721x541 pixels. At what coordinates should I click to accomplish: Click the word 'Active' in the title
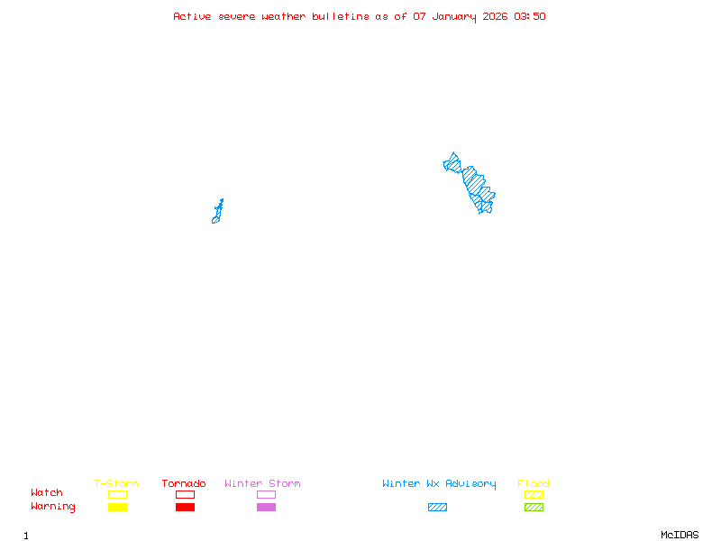pyautogui.click(x=192, y=16)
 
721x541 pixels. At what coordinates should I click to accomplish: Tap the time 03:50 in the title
pyautogui.click(x=530, y=16)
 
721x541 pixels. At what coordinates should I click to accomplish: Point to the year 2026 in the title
pyautogui.click(x=496, y=16)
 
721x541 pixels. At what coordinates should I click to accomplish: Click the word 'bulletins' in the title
pyautogui.click(x=341, y=16)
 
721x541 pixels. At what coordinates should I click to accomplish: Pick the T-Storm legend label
pyautogui.click(x=116, y=484)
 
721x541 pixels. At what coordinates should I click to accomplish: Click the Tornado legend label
pyautogui.click(x=184, y=484)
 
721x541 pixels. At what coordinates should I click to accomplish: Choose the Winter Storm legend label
pyautogui.click(x=262, y=484)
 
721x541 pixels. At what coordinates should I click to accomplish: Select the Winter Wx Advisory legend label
pyautogui.click(x=439, y=484)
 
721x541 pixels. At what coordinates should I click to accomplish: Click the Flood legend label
pyautogui.click(x=534, y=484)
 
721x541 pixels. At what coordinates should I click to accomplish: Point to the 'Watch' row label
pyautogui.click(x=47, y=493)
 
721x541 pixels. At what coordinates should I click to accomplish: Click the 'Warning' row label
pyautogui.click(x=53, y=507)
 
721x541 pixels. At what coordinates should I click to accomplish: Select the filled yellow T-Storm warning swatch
pyautogui.click(x=117, y=508)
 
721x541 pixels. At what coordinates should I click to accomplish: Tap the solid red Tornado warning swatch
pyautogui.click(x=185, y=508)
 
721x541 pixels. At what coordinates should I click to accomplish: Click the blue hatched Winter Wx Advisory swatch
pyautogui.click(x=437, y=508)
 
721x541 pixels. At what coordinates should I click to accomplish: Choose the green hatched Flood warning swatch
pyautogui.click(x=534, y=508)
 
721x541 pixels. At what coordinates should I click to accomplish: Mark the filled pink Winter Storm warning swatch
pyautogui.click(x=266, y=508)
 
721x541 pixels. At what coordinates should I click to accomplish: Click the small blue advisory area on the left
pyautogui.click(x=217, y=213)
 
